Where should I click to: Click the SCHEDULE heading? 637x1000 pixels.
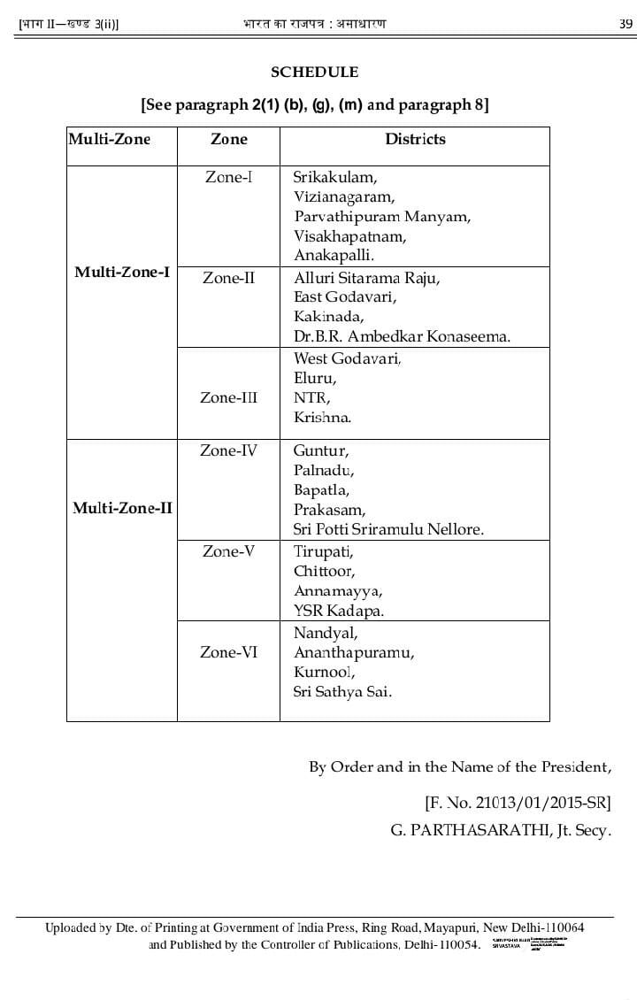pos(314,73)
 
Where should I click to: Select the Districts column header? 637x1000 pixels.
pos(415,139)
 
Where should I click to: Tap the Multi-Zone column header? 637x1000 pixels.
pos(110,139)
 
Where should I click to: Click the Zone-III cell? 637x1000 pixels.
pos(229,397)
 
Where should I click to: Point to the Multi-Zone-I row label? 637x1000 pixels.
pos(122,272)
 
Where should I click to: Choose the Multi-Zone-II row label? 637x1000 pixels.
pos(122,508)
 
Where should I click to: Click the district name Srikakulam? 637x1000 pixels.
pos(335,177)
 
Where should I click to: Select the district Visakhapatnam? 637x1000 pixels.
pos(349,236)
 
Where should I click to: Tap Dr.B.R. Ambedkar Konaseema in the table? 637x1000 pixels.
pos(402,336)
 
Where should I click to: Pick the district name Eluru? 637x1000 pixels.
pos(314,378)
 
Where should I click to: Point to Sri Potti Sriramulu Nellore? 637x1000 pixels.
pos(388,529)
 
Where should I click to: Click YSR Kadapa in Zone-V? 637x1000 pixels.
pos(339,611)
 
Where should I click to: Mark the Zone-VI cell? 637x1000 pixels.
pos(229,652)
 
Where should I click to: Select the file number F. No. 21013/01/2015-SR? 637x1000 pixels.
pos(518,804)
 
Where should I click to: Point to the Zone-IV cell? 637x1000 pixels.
pos(228,450)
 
